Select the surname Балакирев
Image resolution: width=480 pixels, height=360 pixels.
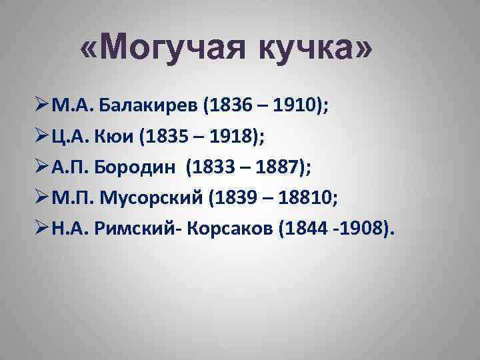[x=148, y=104]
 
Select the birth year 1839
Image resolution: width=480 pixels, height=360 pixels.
[x=231, y=198]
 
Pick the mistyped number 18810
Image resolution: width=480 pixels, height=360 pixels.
[x=300, y=198]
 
